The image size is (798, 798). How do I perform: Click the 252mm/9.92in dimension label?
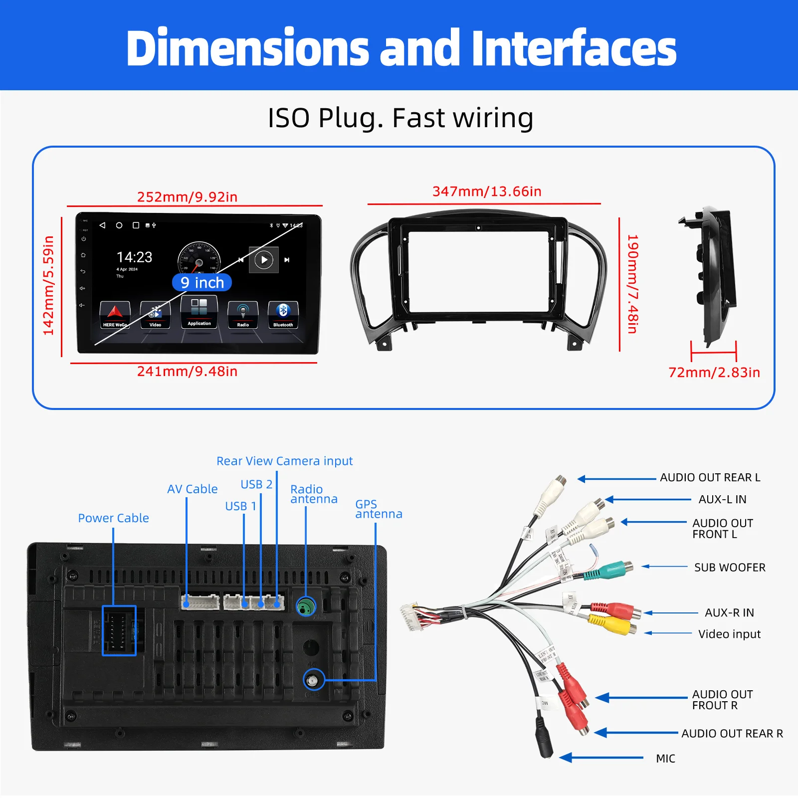click(187, 197)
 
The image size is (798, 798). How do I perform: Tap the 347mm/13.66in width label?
click(487, 192)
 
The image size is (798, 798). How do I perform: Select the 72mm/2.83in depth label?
click(714, 373)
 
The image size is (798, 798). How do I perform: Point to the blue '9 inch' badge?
click(202, 283)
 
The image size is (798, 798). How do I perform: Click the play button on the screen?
click(264, 260)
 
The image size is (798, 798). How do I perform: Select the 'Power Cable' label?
click(113, 518)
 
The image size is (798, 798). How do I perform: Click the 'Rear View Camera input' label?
click(284, 461)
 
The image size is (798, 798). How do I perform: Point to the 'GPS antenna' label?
click(378, 509)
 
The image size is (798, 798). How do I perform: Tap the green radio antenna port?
click(306, 606)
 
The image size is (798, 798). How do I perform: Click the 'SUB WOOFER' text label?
click(729, 568)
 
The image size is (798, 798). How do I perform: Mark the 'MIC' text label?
click(665, 759)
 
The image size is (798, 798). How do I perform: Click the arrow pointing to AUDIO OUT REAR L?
click(617, 479)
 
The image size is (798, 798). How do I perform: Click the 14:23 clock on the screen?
click(134, 257)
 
